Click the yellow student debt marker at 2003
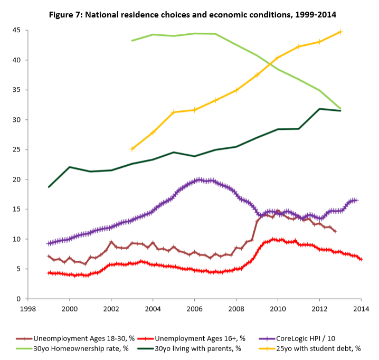tap(132, 149)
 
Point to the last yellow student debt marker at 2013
tap(340, 32)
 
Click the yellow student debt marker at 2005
tap(174, 112)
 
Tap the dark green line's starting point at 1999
tap(49, 187)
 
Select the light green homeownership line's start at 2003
tap(132, 41)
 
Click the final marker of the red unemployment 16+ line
tap(361, 259)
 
